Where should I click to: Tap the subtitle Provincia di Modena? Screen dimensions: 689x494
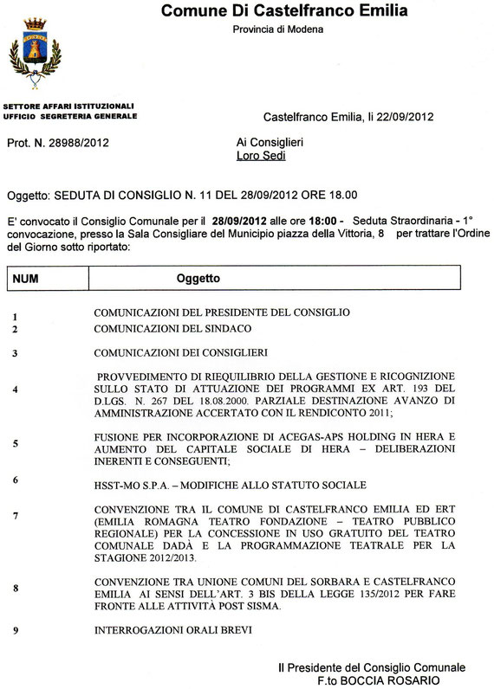[278, 30]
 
